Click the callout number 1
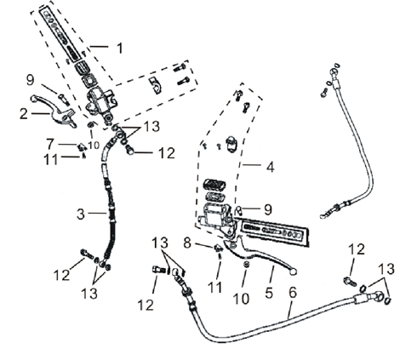click(120, 49)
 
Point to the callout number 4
click(271, 168)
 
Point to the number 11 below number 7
click(50, 159)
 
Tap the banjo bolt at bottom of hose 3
click(88, 252)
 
